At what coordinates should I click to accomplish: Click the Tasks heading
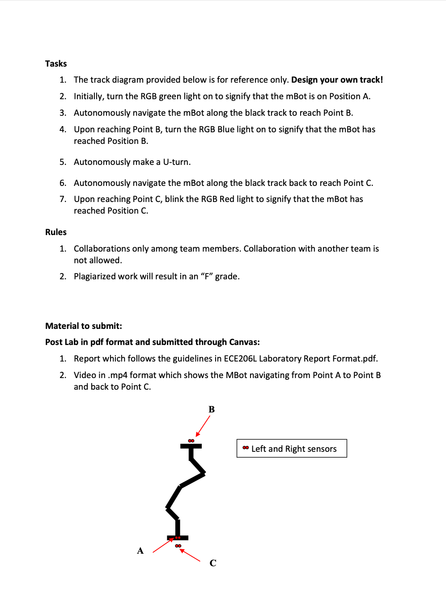[x=56, y=63]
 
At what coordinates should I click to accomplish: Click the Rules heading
[x=56, y=232]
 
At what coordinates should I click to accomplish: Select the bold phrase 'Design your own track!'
[x=337, y=80]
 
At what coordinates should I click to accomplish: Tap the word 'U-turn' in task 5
[x=176, y=162]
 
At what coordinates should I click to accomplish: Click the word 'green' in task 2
[x=170, y=96]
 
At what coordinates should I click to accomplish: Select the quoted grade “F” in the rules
[x=207, y=276]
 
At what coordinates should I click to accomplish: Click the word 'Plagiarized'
[x=94, y=276]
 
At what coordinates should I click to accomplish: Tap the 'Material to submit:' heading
[x=84, y=326]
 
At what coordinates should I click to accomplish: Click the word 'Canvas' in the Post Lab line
[x=243, y=342]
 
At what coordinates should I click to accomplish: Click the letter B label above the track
[x=212, y=409]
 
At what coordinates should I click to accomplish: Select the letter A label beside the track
[x=140, y=551]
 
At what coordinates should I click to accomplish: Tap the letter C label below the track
[x=213, y=563]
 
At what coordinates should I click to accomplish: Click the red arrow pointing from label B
[x=203, y=425]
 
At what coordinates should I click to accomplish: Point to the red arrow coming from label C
[x=190, y=555]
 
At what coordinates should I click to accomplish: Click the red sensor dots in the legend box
[x=246, y=448]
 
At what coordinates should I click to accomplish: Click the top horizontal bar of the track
[x=191, y=446]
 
